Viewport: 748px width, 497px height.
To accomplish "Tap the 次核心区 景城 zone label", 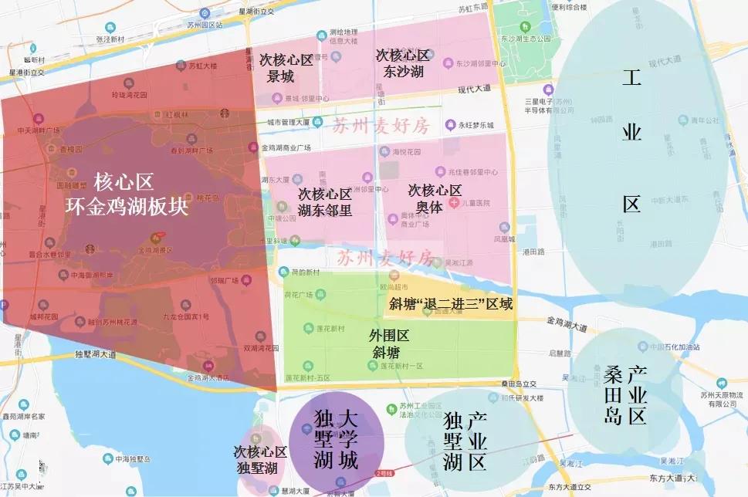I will coord(286,68).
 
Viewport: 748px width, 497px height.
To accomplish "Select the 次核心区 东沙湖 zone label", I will coord(402,63).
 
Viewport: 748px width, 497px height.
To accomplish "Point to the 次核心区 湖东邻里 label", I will coord(325,202).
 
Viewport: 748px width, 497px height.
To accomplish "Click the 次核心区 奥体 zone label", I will coord(435,198).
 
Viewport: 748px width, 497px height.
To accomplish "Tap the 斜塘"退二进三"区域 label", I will coord(451,304).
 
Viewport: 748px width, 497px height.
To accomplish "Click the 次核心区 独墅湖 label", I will coord(260,459).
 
